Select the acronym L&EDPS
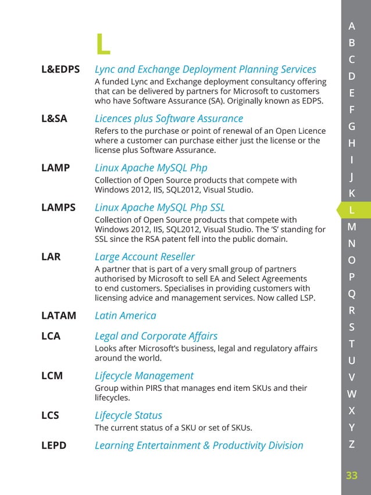coord(61,70)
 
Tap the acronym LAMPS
coord(58,207)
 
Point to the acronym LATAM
coord(59,316)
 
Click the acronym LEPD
coord(54,446)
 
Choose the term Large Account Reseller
coord(145,257)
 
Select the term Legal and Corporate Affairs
coord(156,336)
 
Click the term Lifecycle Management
coord(144,376)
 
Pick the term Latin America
coord(125,316)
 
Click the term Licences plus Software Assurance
coord(160,119)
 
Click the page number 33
coord(352,476)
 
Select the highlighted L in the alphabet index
coord(352,210)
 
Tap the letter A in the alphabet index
coord(352,26)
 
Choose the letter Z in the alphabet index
coord(352,445)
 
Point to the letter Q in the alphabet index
coord(352,294)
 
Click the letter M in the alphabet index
coord(352,227)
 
